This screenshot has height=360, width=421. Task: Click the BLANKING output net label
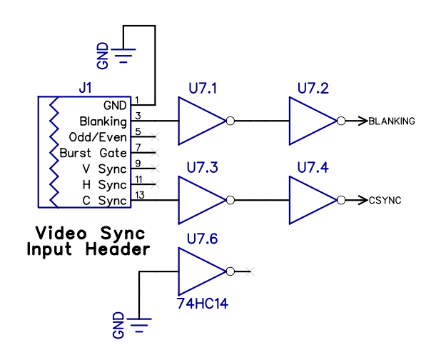point(392,121)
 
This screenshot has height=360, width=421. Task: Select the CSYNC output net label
point(385,200)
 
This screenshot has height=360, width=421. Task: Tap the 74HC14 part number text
point(203,304)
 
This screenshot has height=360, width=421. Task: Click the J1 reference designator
point(85,88)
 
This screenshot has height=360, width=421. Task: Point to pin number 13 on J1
point(140,195)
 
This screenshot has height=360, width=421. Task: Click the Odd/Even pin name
point(98,137)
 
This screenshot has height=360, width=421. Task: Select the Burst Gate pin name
point(93,153)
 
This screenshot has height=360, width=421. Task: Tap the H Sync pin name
point(104,185)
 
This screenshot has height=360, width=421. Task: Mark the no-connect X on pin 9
point(155,169)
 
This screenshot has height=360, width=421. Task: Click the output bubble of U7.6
point(230,271)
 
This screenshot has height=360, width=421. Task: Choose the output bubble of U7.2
point(341,121)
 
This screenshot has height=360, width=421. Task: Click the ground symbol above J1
point(123,56)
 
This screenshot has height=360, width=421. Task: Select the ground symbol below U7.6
point(139,325)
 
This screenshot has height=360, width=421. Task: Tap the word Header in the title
point(118,249)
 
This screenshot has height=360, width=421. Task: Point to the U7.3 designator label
point(202,167)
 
